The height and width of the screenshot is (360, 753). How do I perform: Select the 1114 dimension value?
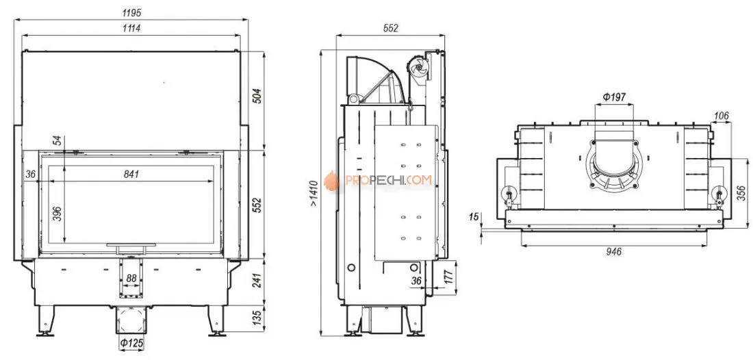(x=132, y=28)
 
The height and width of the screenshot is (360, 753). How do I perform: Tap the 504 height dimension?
(x=257, y=95)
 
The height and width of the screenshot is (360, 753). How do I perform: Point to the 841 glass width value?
(x=132, y=174)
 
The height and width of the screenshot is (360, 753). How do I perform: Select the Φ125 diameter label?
(x=132, y=342)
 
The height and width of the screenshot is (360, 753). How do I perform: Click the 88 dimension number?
(x=132, y=277)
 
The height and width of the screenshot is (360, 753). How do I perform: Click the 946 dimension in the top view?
(x=614, y=252)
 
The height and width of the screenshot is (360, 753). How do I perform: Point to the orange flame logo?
(x=332, y=181)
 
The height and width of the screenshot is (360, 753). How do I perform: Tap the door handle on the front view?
(x=131, y=244)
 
